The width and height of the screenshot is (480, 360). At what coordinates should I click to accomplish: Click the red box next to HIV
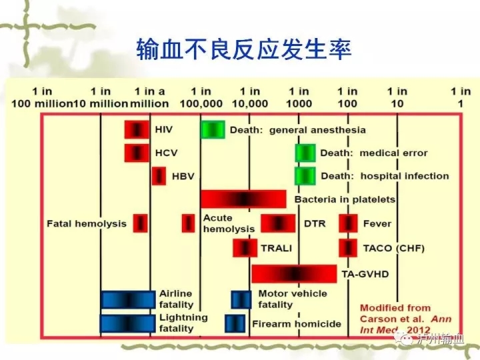coord(137,129)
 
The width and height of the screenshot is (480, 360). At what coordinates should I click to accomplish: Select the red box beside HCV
coord(137,153)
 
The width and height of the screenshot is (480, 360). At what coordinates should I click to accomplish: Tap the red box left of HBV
coord(159,176)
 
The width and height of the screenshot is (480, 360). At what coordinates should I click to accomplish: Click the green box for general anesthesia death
coord(213,129)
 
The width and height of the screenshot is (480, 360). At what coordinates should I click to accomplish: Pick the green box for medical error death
coord(305,153)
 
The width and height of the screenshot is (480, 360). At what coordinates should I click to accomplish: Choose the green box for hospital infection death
coord(305,176)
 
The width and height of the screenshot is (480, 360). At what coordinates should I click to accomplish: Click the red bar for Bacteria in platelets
coord(243,199)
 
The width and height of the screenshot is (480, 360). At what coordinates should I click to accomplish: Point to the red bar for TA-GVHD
coord(294,274)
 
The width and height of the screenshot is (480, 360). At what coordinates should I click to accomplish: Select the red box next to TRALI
coord(245,248)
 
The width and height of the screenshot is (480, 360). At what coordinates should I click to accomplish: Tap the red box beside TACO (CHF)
coord(348,248)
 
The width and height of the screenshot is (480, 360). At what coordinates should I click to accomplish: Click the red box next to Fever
coord(348,223)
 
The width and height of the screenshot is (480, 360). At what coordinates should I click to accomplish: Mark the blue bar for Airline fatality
coord(128,300)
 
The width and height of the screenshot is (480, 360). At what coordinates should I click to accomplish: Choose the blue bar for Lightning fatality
coord(127,323)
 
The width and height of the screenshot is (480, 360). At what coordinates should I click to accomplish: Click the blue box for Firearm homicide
coord(235,323)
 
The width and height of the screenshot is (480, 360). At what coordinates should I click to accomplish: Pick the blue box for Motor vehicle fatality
coord(241,300)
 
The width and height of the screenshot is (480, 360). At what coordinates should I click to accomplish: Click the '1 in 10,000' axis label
coord(250,97)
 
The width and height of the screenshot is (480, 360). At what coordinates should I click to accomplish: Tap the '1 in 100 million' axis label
coord(42,97)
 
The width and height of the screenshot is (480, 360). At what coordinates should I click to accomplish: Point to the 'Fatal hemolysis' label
coord(87,224)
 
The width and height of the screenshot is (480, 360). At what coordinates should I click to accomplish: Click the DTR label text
coord(315,224)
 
